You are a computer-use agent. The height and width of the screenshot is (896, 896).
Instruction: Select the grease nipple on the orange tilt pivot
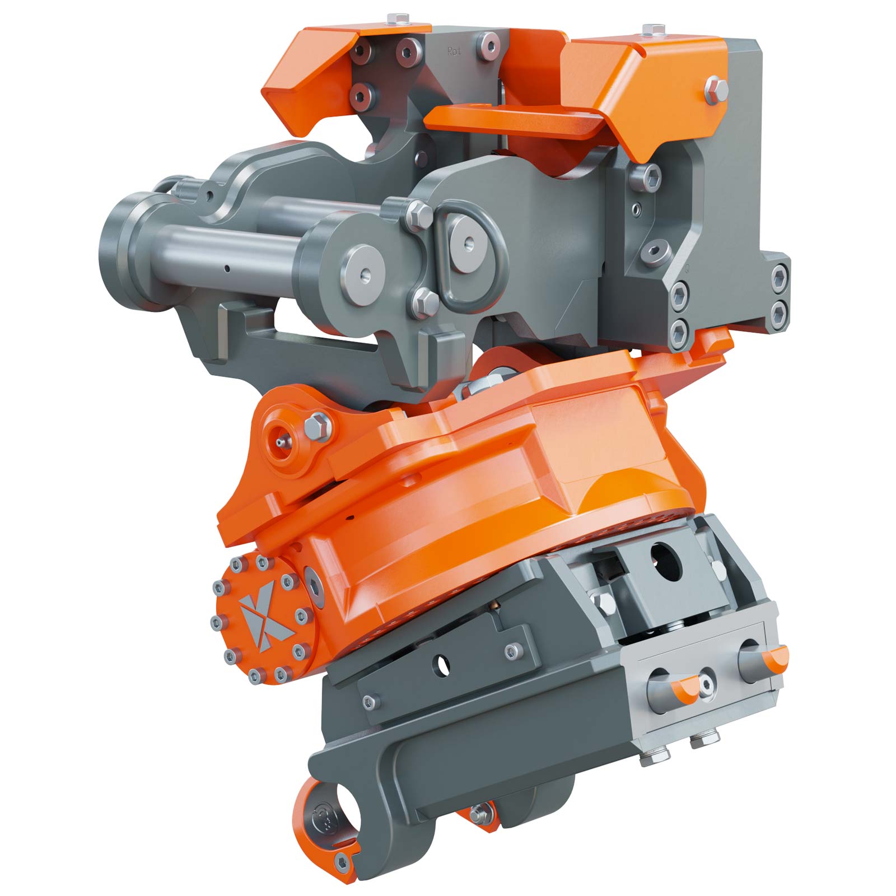pyautogui.click(x=279, y=442)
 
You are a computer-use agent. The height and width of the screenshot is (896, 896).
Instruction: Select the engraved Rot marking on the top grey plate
pyautogui.click(x=454, y=51)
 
